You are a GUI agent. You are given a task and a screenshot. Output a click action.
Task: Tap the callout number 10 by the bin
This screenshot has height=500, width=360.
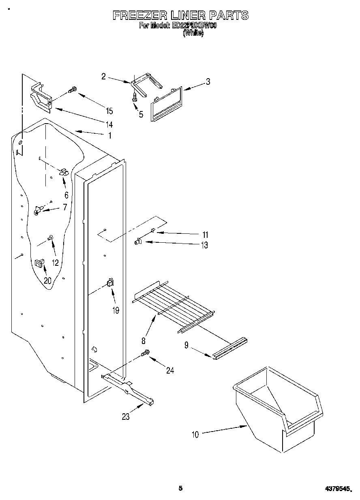[x=195, y=435]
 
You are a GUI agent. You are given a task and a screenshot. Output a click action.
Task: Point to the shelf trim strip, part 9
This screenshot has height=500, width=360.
[x=229, y=348]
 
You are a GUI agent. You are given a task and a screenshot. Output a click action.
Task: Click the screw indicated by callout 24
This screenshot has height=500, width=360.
[x=145, y=354]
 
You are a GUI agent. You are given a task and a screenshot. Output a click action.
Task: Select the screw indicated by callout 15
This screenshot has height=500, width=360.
[x=73, y=90]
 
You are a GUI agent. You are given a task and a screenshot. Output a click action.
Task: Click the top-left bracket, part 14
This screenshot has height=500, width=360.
[x=41, y=97]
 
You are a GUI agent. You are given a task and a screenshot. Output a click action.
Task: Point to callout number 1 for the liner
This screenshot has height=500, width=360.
[x=109, y=136]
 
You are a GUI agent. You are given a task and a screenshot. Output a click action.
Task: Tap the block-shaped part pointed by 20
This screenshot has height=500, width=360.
[x=39, y=263]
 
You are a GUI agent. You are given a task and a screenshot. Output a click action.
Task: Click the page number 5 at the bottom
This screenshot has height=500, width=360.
[x=181, y=488]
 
